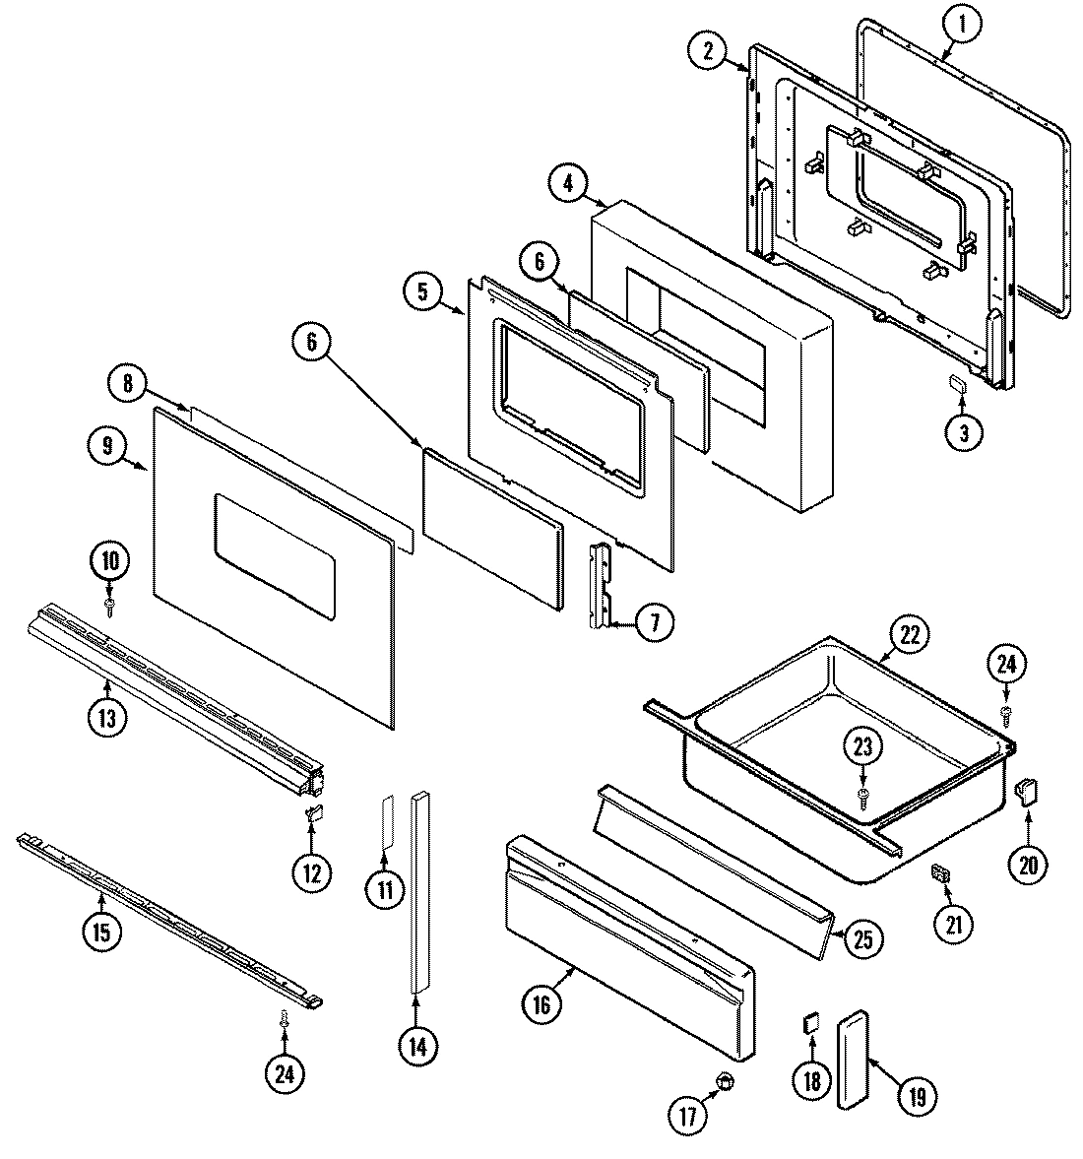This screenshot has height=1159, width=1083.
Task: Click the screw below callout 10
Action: click(110, 604)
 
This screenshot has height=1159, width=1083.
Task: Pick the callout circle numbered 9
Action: click(106, 448)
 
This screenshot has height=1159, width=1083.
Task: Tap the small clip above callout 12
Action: click(312, 811)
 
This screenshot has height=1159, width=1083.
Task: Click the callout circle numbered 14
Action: click(417, 1047)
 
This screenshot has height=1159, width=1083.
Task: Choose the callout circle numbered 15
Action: click(101, 930)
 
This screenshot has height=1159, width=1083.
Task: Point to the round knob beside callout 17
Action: click(727, 1081)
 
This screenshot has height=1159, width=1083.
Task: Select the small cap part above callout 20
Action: click(1027, 791)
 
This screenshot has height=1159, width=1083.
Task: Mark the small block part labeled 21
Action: click(938, 872)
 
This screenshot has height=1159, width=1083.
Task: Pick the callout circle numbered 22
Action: click(909, 635)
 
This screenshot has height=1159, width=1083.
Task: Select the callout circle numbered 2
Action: click(708, 52)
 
